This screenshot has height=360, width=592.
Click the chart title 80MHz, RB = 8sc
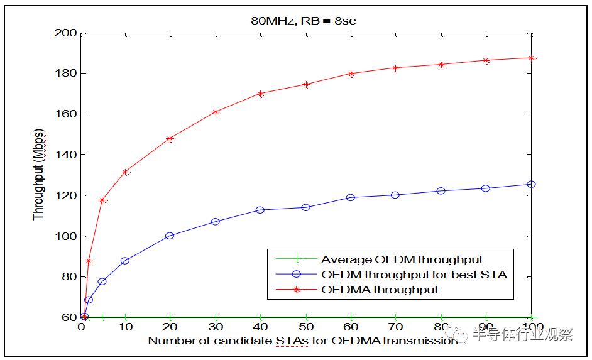(305, 21)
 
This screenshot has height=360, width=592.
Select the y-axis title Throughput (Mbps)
(39, 175)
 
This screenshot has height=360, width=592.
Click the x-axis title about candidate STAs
(303, 341)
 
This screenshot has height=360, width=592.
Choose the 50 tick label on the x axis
(306, 328)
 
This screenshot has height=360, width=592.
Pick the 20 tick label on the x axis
(170, 328)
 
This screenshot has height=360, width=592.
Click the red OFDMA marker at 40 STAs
(261, 94)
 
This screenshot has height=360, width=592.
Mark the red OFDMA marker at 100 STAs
(532, 58)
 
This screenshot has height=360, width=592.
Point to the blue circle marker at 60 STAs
(351, 197)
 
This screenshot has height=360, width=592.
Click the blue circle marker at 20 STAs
(170, 236)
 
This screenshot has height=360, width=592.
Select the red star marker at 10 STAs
(125, 172)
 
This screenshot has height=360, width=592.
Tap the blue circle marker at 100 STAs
(532, 184)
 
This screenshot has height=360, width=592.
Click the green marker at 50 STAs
(306, 317)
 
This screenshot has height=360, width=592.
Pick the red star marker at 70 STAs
(396, 68)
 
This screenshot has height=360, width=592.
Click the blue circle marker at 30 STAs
(216, 222)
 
